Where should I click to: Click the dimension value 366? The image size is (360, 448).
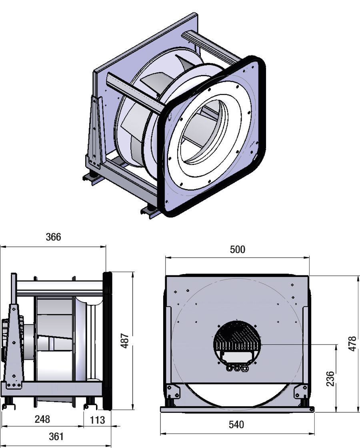53,237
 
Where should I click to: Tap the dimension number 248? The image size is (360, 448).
42,419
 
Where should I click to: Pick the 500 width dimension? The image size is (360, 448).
237,249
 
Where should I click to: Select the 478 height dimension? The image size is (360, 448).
352,343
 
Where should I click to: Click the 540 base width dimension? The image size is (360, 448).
237,424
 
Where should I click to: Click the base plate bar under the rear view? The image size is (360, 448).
237,409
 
